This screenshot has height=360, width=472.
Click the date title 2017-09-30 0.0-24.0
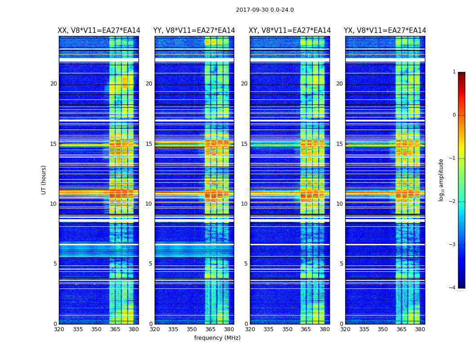265,10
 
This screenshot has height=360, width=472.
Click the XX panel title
99,31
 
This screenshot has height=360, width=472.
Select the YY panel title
194,31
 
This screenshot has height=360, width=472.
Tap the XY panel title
289,31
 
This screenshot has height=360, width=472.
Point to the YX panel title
385,31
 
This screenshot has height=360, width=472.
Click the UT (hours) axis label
44,180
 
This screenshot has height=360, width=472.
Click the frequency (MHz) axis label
217,338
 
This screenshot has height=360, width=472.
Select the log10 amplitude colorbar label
441,180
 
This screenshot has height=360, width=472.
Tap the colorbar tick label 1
454,72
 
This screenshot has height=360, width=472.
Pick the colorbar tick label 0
454,115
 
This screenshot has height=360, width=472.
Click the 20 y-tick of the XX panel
53,84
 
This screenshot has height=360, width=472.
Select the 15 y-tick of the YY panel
149,144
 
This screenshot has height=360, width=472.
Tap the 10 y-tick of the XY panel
244,204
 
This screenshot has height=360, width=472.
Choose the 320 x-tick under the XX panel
59,329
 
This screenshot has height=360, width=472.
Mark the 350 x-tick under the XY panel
287,329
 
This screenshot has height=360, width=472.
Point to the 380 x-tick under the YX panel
420,329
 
